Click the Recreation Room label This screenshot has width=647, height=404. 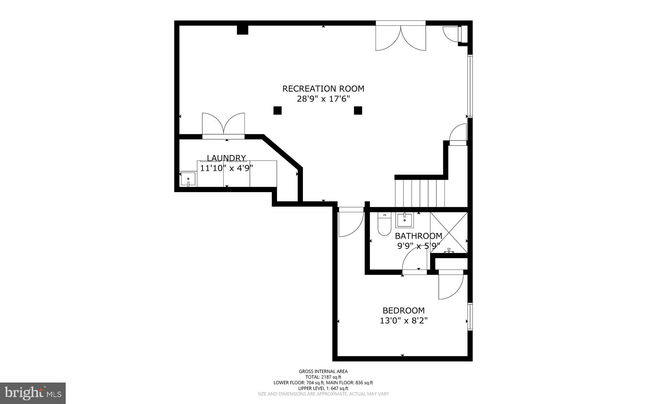tap(323, 89)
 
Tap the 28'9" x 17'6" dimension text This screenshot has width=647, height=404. tap(323, 99)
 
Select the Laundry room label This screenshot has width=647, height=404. tap(226, 158)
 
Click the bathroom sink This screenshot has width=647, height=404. tap(405, 220)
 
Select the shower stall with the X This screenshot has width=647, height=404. tap(449, 232)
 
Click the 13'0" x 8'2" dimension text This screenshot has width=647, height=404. tap(403, 321)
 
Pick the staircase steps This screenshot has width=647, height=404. tap(420, 193)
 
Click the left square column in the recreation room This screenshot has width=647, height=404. tap(277, 110)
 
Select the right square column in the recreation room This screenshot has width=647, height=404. tap(358, 110)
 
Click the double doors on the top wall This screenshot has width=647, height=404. tap(401, 37)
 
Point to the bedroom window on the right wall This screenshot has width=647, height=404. tap(470, 317)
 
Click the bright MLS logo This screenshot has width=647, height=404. tap(33, 393)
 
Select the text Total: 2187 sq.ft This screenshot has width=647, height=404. tap(323, 377)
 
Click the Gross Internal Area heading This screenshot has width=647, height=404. tap(323, 371)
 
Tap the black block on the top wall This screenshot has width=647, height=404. tap(243, 30)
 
